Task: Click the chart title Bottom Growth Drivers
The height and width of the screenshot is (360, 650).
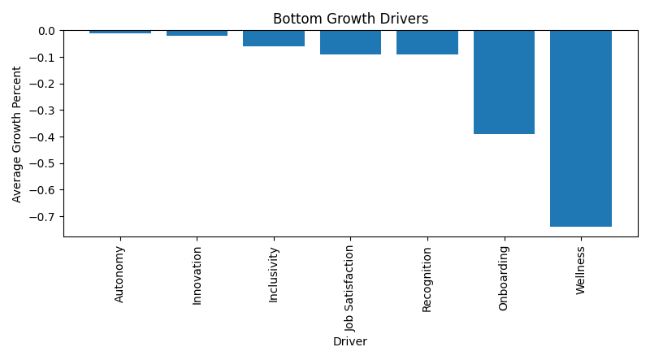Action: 350,19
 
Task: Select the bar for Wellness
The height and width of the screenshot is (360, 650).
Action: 580,128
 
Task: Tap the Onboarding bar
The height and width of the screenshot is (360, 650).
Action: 504,82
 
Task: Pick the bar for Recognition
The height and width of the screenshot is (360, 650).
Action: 427,43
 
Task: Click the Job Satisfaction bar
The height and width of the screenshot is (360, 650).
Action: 350,43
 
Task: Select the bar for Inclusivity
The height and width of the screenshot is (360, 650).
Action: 274,39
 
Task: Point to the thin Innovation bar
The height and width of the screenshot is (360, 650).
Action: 197,33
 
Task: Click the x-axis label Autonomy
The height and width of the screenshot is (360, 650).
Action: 120,274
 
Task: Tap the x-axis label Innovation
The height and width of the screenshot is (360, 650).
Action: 197,275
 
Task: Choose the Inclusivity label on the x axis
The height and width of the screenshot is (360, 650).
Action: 274,275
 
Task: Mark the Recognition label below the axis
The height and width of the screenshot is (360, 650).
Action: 427,279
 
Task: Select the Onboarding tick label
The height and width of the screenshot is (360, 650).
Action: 504,277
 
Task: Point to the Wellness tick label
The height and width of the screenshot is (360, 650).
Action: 580,270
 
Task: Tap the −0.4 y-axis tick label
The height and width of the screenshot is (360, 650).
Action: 44,137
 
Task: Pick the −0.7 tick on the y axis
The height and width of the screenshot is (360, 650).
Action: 44,217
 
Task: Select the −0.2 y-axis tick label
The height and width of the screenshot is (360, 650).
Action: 44,85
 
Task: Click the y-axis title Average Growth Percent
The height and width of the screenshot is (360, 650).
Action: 17,133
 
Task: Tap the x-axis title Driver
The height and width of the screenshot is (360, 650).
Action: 350,342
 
